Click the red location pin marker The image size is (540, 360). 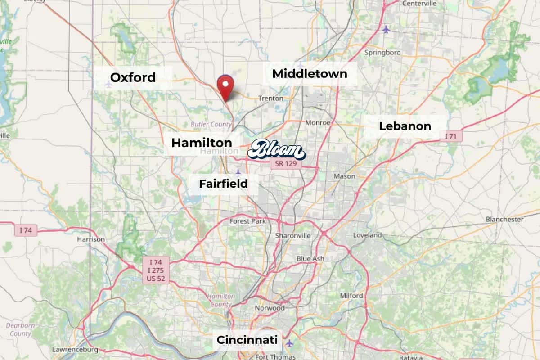[225, 85]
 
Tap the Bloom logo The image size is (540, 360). [276, 150]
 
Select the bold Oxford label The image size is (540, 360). [133, 77]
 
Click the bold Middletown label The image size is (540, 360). [310, 73]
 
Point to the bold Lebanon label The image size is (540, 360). [405, 126]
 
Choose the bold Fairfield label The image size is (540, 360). [223, 184]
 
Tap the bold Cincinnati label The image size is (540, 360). [247, 340]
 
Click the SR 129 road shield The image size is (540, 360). [286, 163]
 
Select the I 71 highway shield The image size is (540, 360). [451, 136]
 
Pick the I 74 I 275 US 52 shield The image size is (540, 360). [156, 270]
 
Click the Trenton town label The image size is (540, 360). [270, 98]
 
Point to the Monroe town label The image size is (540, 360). [318, 122]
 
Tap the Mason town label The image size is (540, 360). [344, 176]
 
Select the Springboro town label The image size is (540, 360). [382, 53]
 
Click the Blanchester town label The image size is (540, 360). [504, 219]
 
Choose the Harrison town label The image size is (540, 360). [91, 239]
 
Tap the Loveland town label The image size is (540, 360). [367, 235]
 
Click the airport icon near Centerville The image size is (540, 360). [386, 30]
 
